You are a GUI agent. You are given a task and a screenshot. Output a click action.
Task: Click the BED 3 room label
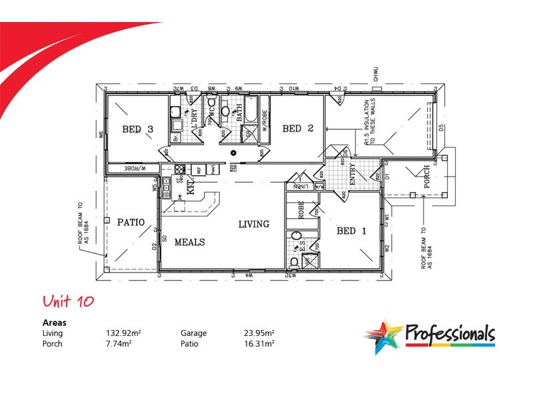138,129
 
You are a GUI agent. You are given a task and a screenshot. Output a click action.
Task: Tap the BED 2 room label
297,128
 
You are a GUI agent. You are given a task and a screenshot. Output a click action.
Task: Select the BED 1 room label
352,231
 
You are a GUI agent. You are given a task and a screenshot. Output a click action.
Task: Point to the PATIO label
131,222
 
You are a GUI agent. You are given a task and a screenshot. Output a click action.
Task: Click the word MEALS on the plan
190,242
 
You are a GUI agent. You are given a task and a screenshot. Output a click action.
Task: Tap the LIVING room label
254,224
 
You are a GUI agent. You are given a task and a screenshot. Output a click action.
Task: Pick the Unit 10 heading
67,301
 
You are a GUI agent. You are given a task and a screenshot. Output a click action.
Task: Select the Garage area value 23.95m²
259,333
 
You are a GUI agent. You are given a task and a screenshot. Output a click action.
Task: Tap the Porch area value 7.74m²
117,343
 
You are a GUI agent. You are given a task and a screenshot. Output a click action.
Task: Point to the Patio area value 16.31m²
259,343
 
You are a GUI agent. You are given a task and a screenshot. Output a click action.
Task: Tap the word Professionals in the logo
450,332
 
